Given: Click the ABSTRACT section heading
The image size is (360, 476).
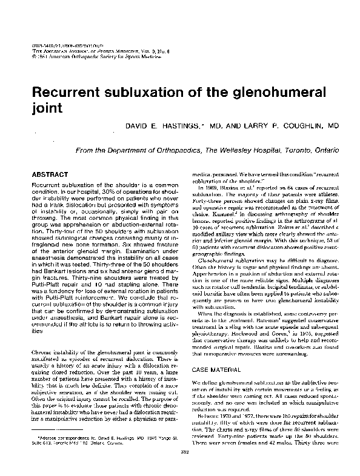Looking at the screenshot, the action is (x=52, y=173).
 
